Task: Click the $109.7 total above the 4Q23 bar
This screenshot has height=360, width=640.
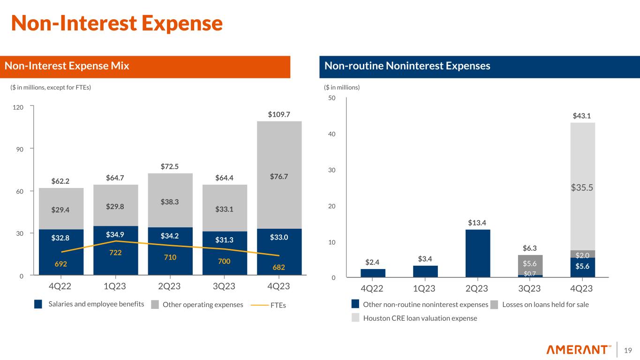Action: click(279, 114)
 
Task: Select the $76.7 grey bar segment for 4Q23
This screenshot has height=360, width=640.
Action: click(279, 176)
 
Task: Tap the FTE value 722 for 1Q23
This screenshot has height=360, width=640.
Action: click(115, 252)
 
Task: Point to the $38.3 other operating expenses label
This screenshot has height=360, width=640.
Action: click(170, 202)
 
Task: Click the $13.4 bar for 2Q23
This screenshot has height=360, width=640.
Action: click(478, 253)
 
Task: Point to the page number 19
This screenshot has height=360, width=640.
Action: click(628, 350)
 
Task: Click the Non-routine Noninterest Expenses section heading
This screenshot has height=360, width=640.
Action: click(407, 67)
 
